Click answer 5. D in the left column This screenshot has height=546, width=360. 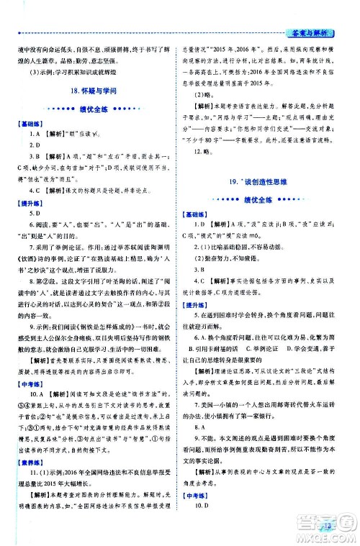coord(34,214)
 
